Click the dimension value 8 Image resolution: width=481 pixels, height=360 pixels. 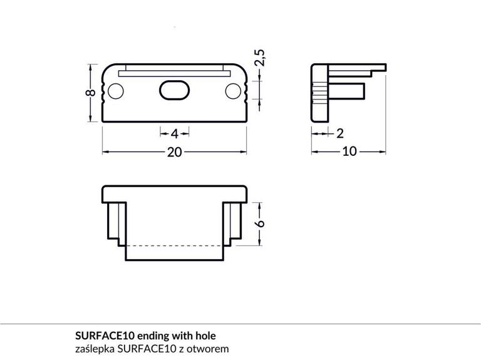click(91, 93)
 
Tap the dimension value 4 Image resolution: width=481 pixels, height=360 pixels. click(175, 133)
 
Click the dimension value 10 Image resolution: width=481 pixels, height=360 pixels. click(349, 152)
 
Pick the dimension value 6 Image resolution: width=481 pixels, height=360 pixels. click(261, 223)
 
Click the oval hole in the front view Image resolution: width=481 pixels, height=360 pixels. click(173, 91)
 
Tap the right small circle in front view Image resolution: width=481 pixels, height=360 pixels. click(233, 92)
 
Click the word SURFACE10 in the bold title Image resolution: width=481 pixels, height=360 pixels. click(105, 336)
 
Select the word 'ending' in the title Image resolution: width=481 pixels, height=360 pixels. click(154, 336)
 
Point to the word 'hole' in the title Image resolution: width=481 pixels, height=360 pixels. click(205, 336)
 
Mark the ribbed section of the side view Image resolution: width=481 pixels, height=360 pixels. click(318, 93)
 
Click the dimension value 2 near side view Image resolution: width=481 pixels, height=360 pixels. click(340, 133)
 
